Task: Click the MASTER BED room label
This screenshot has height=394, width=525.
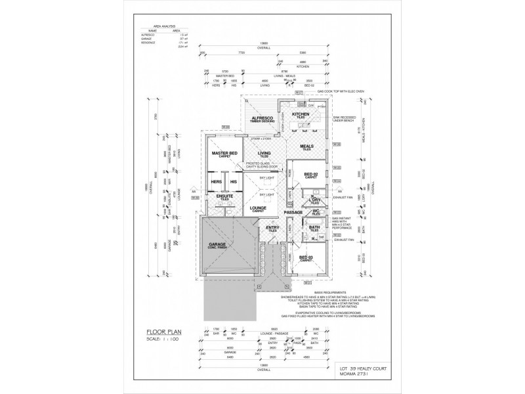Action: point(224,154)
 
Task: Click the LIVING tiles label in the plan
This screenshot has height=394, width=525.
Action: point(264,154)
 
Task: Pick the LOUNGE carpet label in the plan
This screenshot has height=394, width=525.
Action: point(258,208)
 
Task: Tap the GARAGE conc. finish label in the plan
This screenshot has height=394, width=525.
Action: point(218,245)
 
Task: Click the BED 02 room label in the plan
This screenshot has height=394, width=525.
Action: point(311,175)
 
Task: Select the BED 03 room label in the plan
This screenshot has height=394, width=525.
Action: point(306,258)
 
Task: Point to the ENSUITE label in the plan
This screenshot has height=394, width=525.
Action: point(216,196)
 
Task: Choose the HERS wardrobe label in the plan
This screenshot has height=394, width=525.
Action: point(215,182)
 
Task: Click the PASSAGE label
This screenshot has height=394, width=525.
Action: point(292,213)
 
